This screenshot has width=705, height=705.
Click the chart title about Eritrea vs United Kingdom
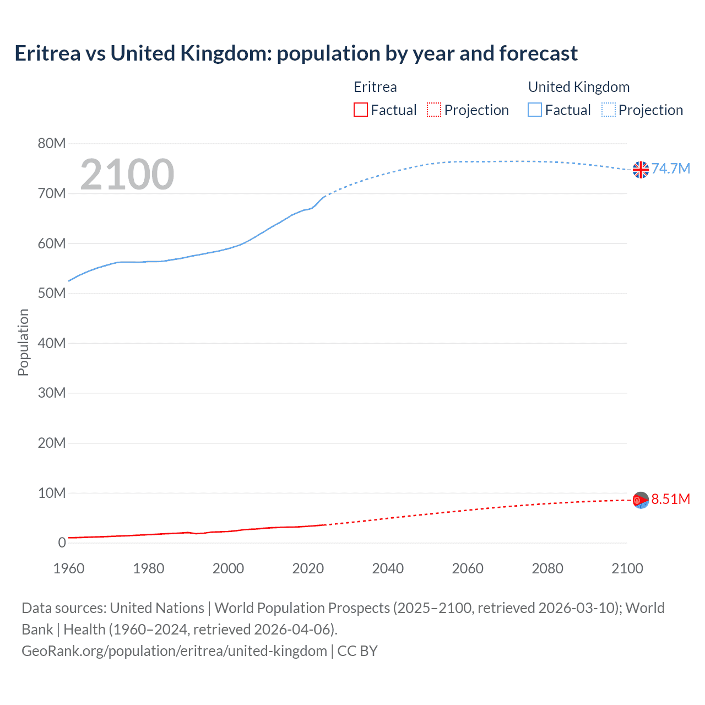[x=296, y=53]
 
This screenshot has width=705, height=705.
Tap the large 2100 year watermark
[x=127, y=175]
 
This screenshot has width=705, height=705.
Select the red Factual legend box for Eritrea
[x=360, y=110]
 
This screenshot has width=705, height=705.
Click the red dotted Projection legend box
[x=434, y=110]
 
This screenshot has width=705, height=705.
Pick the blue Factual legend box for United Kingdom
[x=535, y=110]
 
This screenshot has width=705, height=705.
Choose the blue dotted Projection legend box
[x=609, y=110]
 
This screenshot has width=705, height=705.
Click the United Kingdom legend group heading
[x=578, y=87]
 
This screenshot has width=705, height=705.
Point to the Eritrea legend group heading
[x=375, y=87]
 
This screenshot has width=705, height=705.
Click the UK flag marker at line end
[x=641, y=170]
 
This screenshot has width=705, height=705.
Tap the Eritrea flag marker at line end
[x=641, y=500]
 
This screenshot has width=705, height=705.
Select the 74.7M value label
[x=671, y=169]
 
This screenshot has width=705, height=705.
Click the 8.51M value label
[x=671, y=499]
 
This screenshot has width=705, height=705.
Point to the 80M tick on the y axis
[x=52, y=144]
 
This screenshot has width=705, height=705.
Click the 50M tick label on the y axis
[x=52, y=293]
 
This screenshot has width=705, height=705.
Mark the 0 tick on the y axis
[x=62, y=543]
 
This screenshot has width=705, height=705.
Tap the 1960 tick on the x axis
[x=69, y=568]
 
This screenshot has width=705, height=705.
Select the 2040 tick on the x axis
[x=388, y=568]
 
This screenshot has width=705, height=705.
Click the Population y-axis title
[x=23, y=342]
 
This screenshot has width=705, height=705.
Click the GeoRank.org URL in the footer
[x=174, y=651]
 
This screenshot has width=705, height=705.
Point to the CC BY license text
[x=357, y=651]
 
